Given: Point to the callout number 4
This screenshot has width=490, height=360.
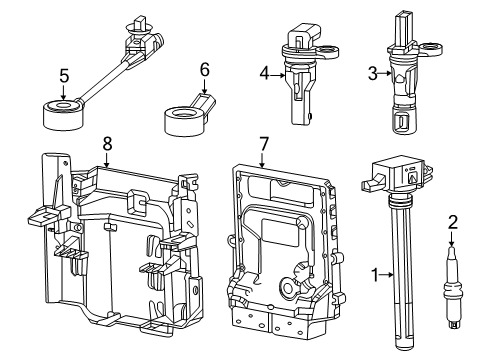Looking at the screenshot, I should coord(264,72).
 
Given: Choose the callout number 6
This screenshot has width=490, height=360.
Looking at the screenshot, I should coord(204,70).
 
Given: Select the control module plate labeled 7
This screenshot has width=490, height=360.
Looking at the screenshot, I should coord(282,240).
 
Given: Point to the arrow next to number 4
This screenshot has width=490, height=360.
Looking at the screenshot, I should coord(278,72).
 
